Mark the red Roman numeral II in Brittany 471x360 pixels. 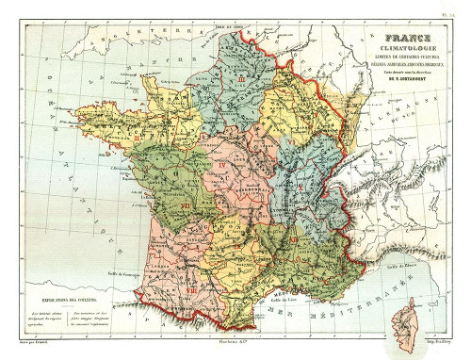[138, 139]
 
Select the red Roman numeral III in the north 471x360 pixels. [242, 83]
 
